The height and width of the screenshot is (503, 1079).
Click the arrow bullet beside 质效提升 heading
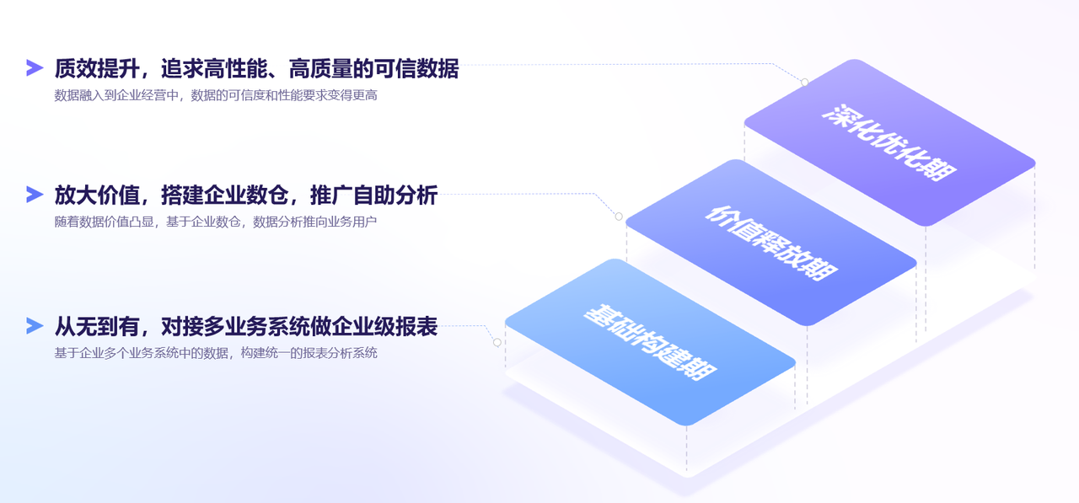[x=35, y=68]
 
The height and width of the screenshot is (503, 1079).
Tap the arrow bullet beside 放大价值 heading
[x=35, y=195]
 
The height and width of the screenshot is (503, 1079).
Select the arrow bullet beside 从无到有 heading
[x=35, y=326]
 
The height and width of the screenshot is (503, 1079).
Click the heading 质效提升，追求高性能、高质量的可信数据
[x=256, y=69]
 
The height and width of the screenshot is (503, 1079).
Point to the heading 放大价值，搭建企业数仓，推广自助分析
[x=245, y=195]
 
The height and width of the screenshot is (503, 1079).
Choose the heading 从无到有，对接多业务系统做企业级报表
[x=245, y=326]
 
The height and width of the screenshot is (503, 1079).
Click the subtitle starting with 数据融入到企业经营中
[x=215, y=95]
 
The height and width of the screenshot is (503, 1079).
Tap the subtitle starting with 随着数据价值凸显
[x=215, y=222]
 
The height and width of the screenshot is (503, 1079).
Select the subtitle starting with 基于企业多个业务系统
[x=215, y=353]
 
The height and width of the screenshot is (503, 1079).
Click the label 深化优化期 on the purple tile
[x=888, y=142]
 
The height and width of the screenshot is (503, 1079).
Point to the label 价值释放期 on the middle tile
[x=770, y=243]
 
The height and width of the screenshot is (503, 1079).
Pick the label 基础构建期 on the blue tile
[x=650, y=342]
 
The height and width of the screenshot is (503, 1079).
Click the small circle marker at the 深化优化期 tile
[x=804, y=83]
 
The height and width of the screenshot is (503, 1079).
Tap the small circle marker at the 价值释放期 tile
[x=619, y=217]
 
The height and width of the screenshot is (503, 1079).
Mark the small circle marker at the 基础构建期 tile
[x=497, y=342]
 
